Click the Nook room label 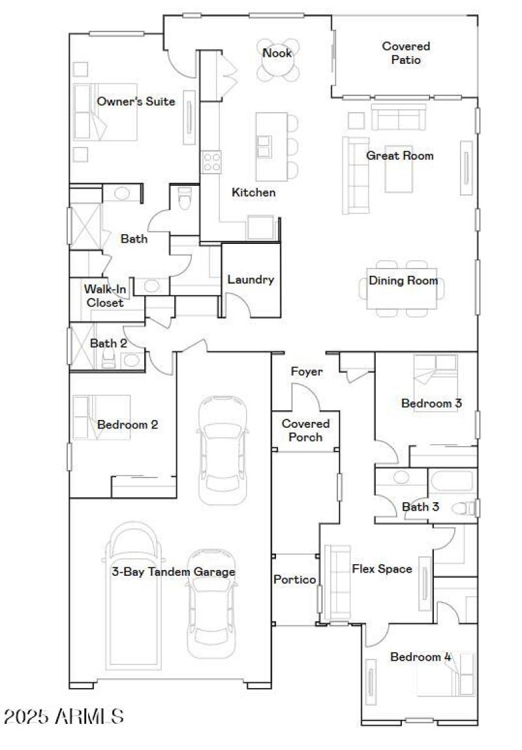(x=277, y=53)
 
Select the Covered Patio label (x=406, y=53)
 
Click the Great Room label (x=399, y=156)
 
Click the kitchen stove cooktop (x=211, y=161)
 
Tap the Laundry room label (x=251, y=280)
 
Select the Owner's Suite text (x=136, y=101)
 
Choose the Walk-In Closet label (x=105, y=295)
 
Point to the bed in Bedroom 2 (x=101, y=417)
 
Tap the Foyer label (x=307, y=372)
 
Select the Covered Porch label (x=305, y=430)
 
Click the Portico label (x=294, y=579)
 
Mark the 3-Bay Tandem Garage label (x=173, y=572)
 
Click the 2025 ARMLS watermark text (x=64, y=717)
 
